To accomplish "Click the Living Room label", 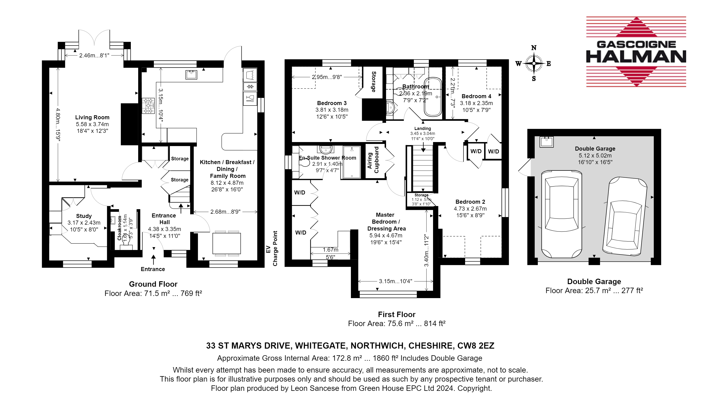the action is pos(92,117).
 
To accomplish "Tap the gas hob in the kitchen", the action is pos(148,106).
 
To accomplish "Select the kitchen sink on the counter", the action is pos(191,75).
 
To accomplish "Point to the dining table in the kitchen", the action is pos(227,243).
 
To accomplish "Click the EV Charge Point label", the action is pos(271,249).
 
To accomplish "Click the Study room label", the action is pos(84,216).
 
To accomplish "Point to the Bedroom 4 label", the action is pos(476,96).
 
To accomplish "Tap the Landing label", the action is pos(422,129).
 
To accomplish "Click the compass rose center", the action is pos(534,63).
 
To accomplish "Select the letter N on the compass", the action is pos(534,47).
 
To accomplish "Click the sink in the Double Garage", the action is pos(547,142).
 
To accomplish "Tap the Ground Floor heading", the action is pos(153,284).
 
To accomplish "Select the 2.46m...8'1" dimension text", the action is pos(94,55).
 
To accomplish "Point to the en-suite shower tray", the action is pos(352,162).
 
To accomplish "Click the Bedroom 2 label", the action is pos(470,202).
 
